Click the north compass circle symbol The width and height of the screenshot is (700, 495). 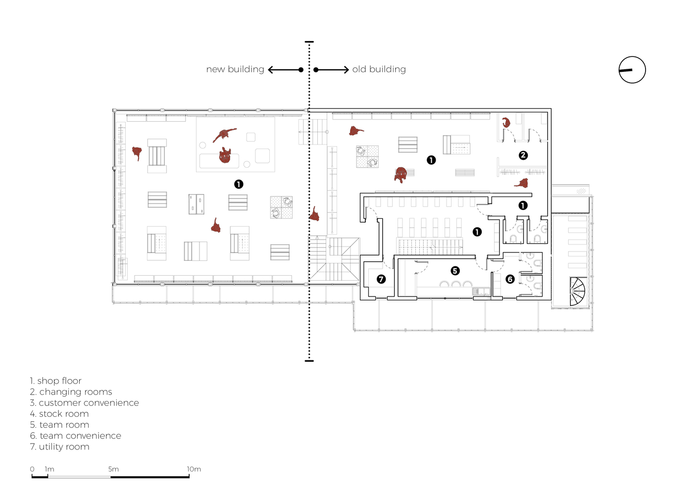tap(632, 56)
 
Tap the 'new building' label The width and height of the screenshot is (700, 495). tap(235, 69)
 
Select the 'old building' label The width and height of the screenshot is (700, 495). tap(379, 69)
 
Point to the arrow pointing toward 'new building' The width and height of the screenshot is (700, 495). tap(286, 70)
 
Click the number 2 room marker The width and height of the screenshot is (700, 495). tap(523, 155)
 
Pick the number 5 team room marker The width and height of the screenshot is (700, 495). tap(455, 271)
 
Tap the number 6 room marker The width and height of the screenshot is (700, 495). tap(510, 279)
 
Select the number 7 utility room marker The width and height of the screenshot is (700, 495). tap(381, 279)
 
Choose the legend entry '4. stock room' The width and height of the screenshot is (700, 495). tap(59, 414)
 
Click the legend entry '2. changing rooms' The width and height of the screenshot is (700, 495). tap(71, 392)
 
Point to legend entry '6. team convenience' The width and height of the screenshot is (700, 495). tap(76, 436)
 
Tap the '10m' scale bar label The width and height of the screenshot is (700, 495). tap(194, 469)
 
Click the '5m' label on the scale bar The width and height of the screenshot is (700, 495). tap(113, 469)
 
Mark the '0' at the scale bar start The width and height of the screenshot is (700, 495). tap(32, 469)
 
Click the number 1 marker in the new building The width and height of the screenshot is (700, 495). tap(239, 184)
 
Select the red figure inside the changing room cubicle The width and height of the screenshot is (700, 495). tap(506, 122)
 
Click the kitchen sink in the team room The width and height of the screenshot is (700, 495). tap(481, 292)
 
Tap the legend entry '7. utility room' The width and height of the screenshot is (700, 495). tap(60, 447)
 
